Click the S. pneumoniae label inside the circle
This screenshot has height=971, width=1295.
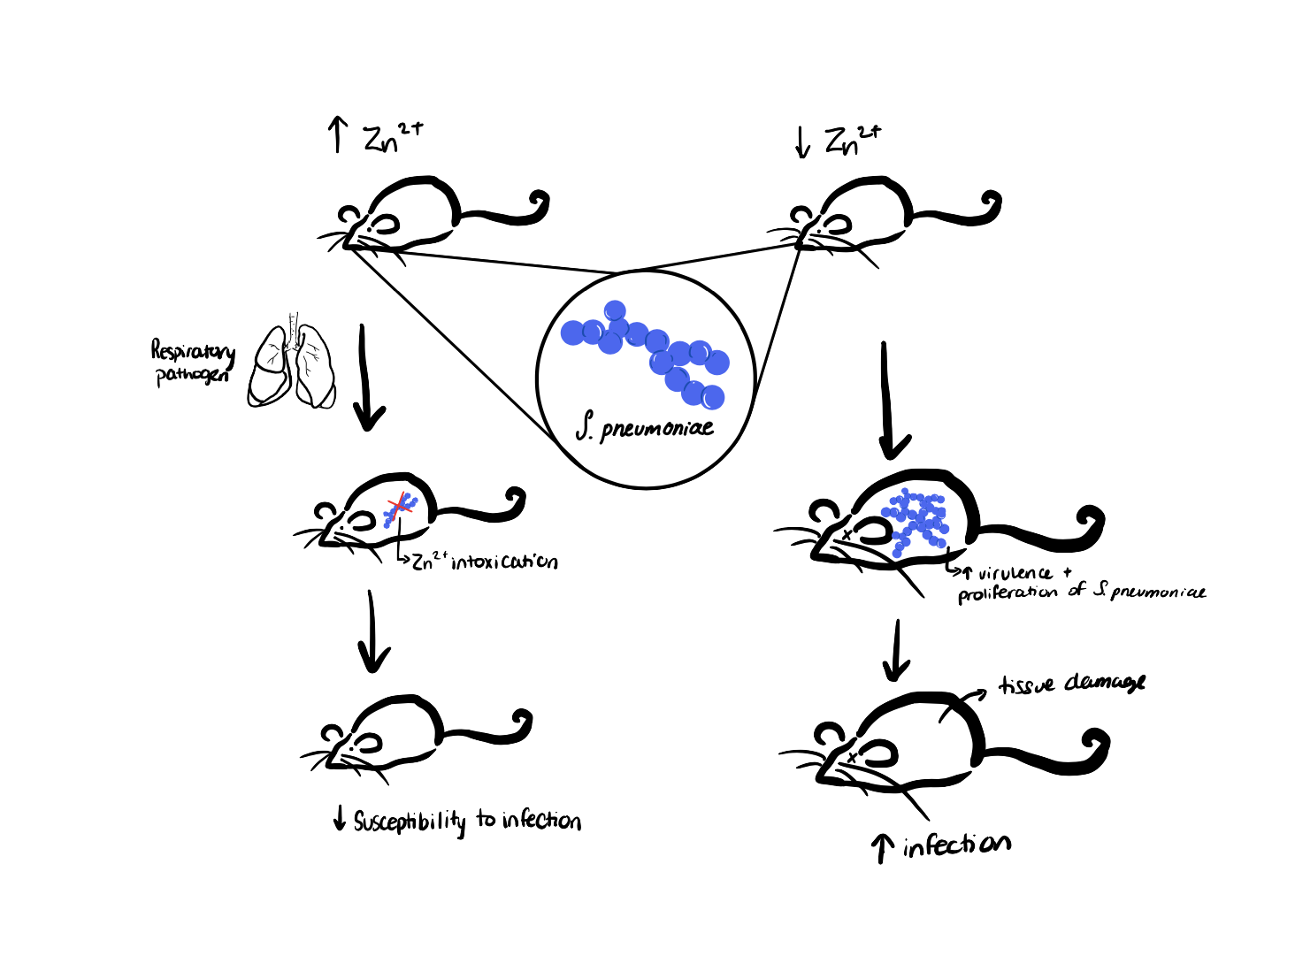point(645,431)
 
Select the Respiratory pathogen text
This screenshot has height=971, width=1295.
point(194,363)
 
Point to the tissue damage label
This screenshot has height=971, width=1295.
point(1071,684)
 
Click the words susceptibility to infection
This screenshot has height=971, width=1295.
point(467,822)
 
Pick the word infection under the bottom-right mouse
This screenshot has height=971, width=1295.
point(957,845)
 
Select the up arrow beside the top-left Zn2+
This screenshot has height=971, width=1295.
point(338,136)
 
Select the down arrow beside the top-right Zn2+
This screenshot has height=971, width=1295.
point(803,141)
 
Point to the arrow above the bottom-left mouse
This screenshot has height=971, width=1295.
point(373,632)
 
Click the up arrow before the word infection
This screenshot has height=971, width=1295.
point(882,849)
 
